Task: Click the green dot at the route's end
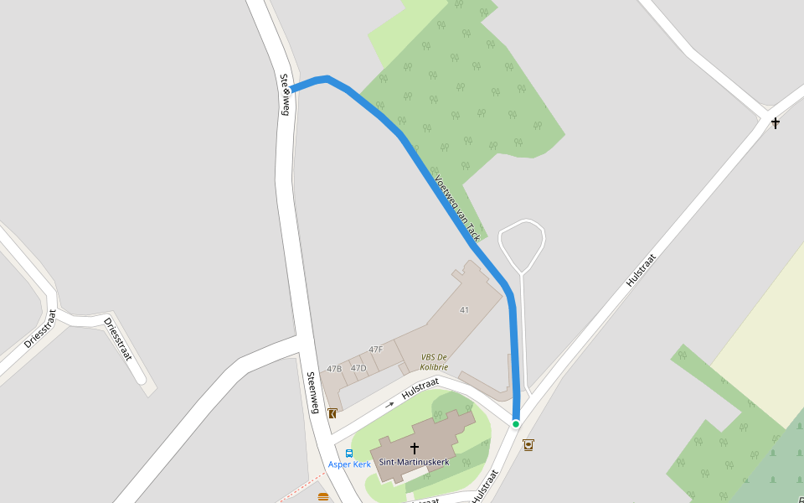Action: pyautogui.click(x=516, y=424)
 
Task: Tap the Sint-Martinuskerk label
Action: pyautogui.click(x=415, y=462)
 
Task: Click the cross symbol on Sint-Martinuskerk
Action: pyautogui.click(x=414, y=449)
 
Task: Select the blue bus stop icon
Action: pyautogui.click(x=349, y=454)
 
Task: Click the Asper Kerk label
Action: pyautogui.click(x=349, y=464)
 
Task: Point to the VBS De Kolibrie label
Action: pyautogui.click(x=435, y=362)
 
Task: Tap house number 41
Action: pyautogui.click(x=464, y=310)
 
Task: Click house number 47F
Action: pyautogui.click(x=375, y=350)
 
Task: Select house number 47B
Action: pyautogui.click(x=334, y=369)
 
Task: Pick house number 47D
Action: pyautogui.click(x=358, y=369)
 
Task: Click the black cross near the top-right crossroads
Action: pyautogui.click(x=776, y=123)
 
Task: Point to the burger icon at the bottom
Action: pyautogui.click(x=323, y=497)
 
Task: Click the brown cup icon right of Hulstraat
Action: pyautogui.click(x=528, y=444)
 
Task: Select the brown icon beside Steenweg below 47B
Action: pyautogui.click(x=332, y=413)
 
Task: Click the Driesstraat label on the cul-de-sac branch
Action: pyautogui.click(x=118, y=339)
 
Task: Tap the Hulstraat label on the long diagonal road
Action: pyautogui.click(x=641, y=271)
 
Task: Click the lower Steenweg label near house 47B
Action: pyautogui.click(x=312, y=392)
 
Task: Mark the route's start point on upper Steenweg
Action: pyautogui.click(x=292, y=90)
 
